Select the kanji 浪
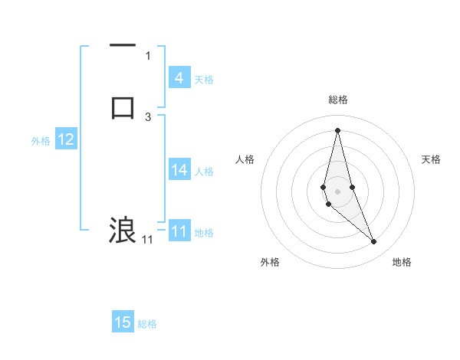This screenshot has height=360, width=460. coord(123,230)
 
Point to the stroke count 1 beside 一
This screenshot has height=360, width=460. coord(148,55)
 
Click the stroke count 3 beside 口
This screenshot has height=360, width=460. coord(148,116)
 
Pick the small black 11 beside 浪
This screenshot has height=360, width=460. coord(147,240)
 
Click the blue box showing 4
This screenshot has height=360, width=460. coord(179,78)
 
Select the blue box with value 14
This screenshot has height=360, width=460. coord(179,170)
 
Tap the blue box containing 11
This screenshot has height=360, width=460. coord(179,231)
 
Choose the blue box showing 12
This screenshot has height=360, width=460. coord(66,139)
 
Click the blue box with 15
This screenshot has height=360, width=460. coord(123,322)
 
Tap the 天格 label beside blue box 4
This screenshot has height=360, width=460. coord(204,80)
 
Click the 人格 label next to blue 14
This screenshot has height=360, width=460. coord(205,172)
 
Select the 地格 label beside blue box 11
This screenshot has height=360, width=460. coord(204,233)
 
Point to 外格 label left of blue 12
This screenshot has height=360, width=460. coord(41,141)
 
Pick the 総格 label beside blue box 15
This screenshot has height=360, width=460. coord(147,324)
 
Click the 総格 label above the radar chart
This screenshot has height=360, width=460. coord(338,100)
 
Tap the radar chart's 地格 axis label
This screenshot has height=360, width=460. coord(402,262)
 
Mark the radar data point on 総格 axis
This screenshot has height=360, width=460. coord(337,129)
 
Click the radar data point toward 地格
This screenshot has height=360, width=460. coord(373,242)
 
